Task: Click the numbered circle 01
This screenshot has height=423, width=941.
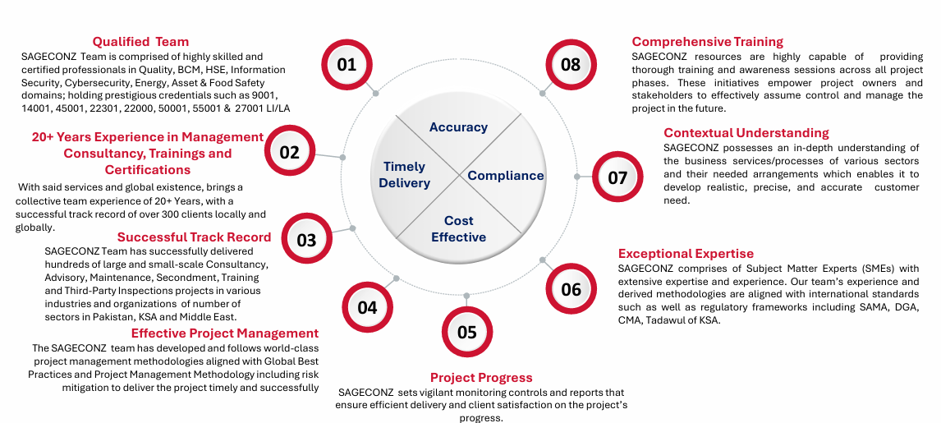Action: [347, 64]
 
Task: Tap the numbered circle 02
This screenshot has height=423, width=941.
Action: [289, 152]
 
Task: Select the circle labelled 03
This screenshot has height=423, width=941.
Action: [306, 239]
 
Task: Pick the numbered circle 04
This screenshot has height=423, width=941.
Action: [367, 306]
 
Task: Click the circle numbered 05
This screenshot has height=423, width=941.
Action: [467, 331]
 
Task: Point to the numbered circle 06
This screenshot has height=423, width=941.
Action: [571, 288]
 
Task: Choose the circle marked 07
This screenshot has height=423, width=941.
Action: [617, 177]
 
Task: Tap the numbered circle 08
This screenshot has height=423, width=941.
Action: [571, 64]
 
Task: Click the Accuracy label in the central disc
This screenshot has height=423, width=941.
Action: [458, 126]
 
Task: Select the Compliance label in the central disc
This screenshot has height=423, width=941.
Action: [506, 175]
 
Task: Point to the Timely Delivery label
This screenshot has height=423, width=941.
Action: [405, 175]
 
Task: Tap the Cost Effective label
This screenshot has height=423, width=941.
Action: [458, 228]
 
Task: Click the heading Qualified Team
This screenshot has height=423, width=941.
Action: [140, 41]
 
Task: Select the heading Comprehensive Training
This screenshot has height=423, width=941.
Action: [708, 41]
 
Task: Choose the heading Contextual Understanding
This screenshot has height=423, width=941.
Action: [746, 132]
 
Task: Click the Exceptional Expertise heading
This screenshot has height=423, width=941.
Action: [686, 253]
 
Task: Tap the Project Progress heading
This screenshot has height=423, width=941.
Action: [481, 377]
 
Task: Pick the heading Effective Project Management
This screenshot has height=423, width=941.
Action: [225, 333]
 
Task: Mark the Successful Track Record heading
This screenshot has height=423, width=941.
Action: [194, 237]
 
